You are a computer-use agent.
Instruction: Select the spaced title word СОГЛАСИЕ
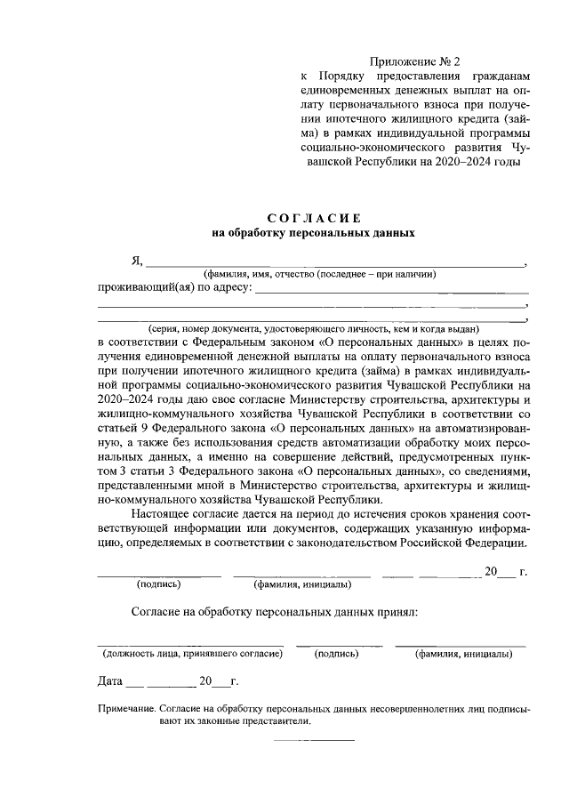pos(313,218)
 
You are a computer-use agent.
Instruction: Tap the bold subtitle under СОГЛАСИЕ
pos(313,234)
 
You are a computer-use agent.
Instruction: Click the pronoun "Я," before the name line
pos(137,261)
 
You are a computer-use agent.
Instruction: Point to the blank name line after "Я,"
pos(335,264)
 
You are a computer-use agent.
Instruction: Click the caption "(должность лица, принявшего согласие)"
pos(191,654)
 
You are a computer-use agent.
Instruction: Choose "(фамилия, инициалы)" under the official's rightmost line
pos(464,654)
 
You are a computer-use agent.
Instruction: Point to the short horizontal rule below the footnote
pos(313,740)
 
